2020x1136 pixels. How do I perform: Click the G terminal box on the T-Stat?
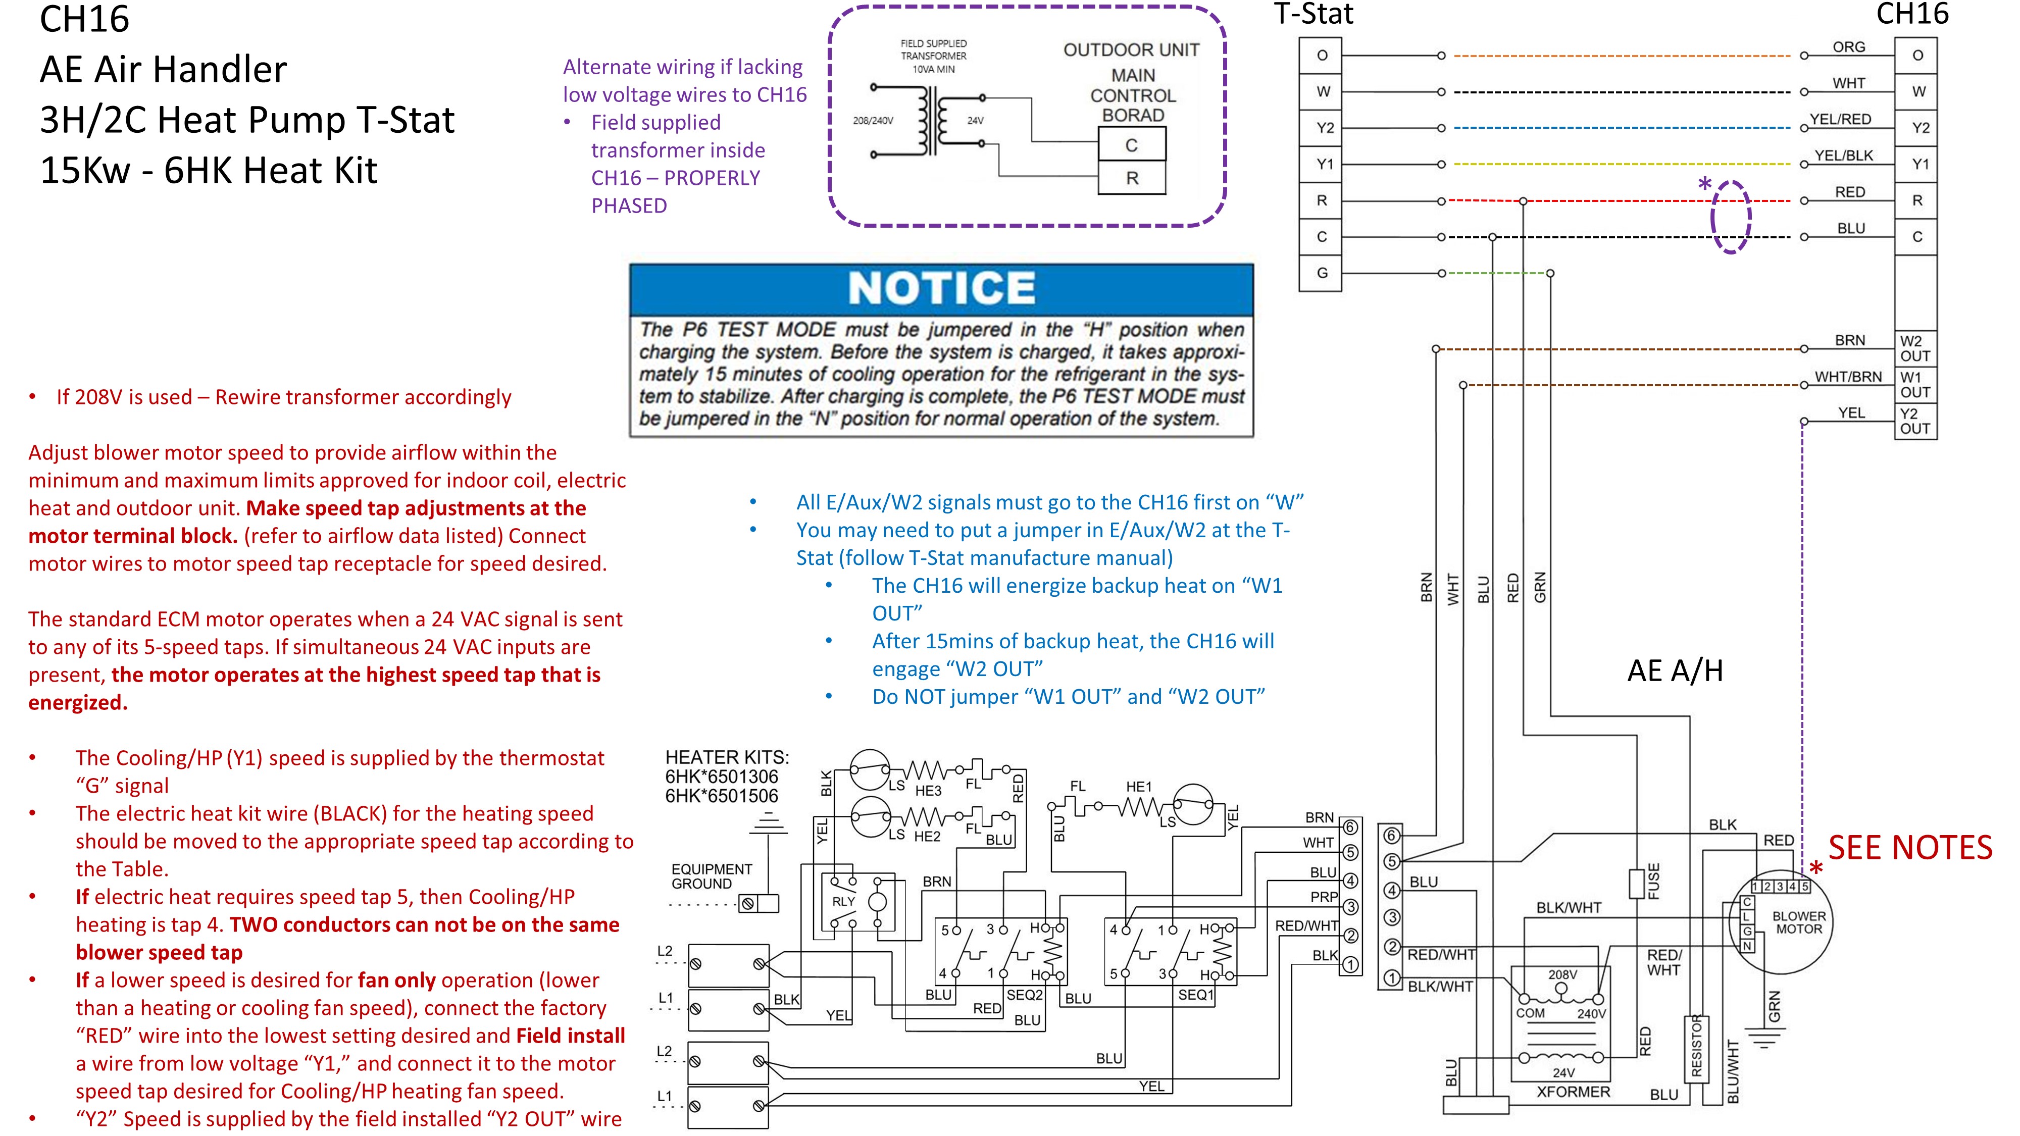(x=1322, y=273)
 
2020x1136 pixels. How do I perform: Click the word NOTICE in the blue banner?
(x=941, y=288)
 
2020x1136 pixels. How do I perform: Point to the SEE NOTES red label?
(x=1910, y=848)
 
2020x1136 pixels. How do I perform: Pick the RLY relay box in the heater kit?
(x=858, y=902)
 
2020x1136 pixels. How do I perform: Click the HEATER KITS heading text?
(x=727, y=757)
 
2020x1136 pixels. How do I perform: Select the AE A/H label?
(x=1675, y=671)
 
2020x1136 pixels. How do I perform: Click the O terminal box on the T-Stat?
(x=1322, y=56)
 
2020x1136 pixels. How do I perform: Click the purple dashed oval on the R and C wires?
(x=1731, y=217)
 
